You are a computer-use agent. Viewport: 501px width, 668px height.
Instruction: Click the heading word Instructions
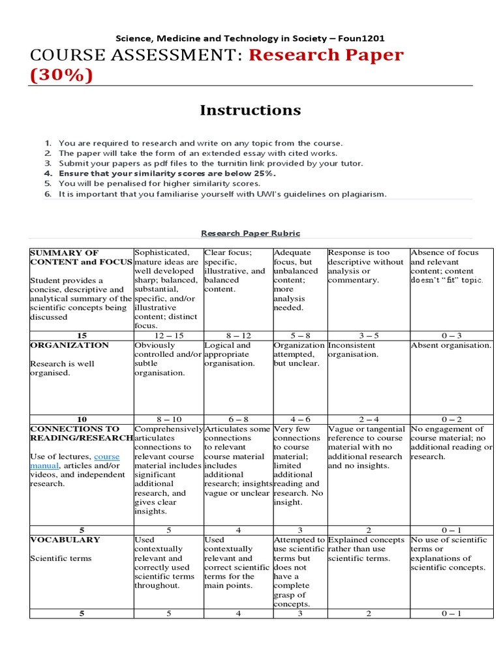tap(250, 110)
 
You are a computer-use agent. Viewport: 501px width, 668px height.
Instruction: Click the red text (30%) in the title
tap(61, 76)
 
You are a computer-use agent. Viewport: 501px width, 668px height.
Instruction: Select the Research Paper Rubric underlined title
tap(250, 233)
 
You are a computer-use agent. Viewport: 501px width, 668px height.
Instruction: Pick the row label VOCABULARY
tap(64, 539)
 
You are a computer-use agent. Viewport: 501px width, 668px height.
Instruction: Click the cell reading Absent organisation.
tap(451, 345)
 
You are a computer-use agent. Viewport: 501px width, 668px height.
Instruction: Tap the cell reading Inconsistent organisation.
tap(353, 350)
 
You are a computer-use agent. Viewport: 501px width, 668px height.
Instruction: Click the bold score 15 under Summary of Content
tap(82, 335)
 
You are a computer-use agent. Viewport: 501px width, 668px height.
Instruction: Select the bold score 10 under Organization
tap(82, 419)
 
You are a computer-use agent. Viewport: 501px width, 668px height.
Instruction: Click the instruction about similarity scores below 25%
tap(167, 174)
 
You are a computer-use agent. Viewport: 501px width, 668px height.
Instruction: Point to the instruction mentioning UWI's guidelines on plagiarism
tap(222, 194)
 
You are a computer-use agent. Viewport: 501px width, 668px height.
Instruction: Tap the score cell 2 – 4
tap(367, 419)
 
